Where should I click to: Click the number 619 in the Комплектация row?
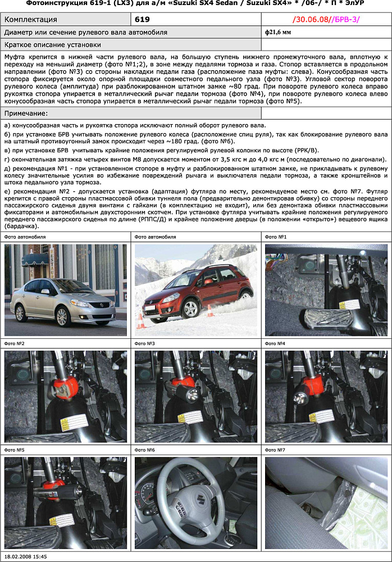coord(142,20)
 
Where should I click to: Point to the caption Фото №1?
coord(275,237)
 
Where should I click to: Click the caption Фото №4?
coord(275,343)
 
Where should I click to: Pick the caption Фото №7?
coord(275,450)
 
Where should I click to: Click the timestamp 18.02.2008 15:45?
coord(25,556)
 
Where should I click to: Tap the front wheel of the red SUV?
coord(191,309)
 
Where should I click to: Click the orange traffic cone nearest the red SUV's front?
coord(140,321)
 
